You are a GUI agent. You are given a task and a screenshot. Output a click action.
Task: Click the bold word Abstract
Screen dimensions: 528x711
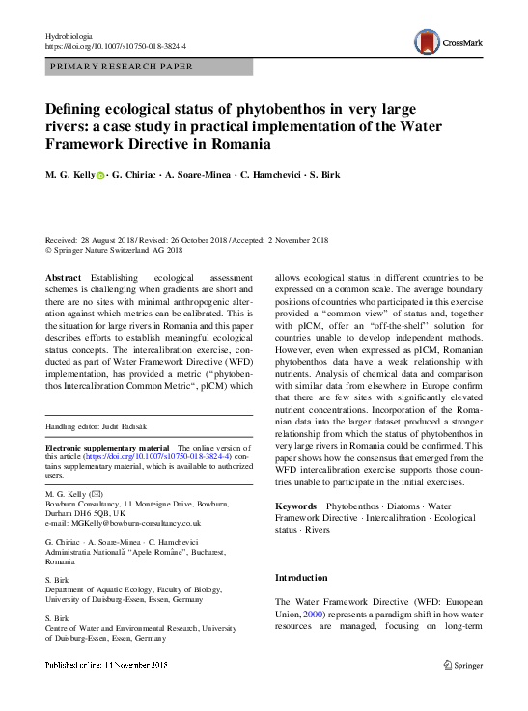[64, 278]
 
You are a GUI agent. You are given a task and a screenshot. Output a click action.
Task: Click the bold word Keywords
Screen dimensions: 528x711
[295, 506]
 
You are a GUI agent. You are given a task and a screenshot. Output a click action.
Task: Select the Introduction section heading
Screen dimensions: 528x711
[302, 578]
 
